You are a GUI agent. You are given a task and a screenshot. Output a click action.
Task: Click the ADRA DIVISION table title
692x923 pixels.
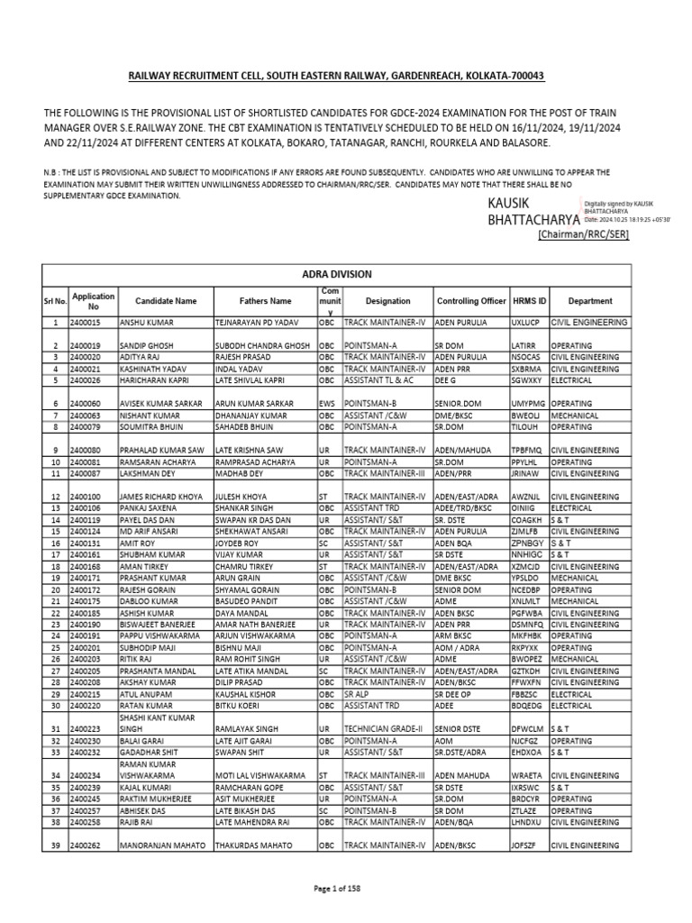pyautogui.click(x=335, y=274)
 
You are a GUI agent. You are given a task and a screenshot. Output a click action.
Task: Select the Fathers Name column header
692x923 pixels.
pyautogui.click(x=265, y=301)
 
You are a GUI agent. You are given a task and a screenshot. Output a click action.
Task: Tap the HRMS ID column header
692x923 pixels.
pyautogui.click(x=529, y=301)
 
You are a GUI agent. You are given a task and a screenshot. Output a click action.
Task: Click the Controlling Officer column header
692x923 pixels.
pyautogui.click(x=471, y=301)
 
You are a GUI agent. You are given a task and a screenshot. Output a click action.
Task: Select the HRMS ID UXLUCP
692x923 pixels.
pyautogui.click(x=524, y=322)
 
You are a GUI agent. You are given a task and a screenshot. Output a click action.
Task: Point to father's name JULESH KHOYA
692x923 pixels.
pyautogui.click(x=241, y=497)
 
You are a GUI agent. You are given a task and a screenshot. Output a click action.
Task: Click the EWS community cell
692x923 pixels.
pyautogui.click(x=326, y=404)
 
